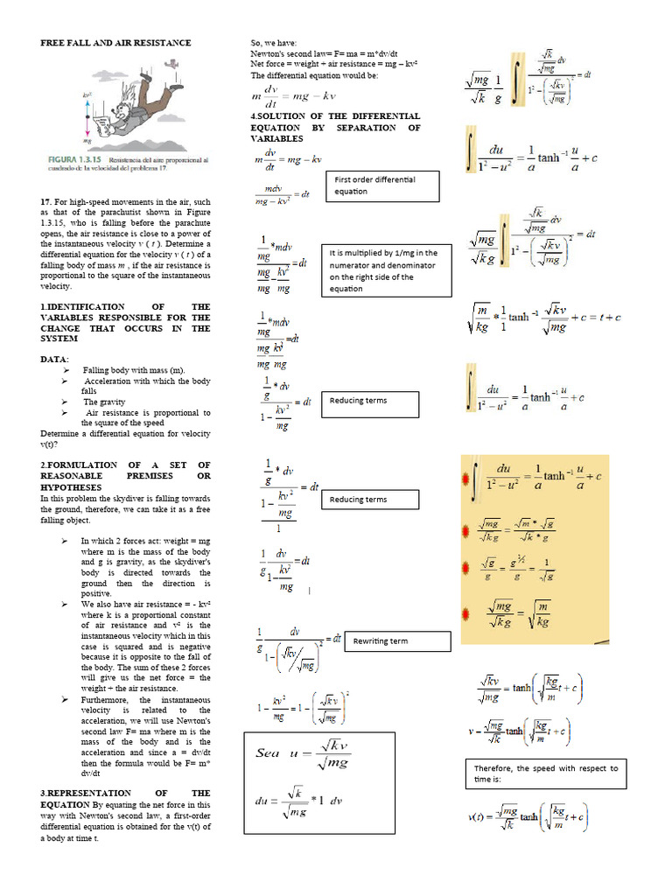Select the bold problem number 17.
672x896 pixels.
click(45, 201)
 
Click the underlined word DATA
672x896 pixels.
click(52, 360)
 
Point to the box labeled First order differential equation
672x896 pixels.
click(382, 185)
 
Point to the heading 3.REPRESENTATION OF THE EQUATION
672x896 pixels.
click(125, 798)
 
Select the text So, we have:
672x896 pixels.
click(273, 43)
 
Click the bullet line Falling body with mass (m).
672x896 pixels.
click(134, 370)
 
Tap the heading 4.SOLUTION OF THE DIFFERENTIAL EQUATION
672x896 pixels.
click(335, 127)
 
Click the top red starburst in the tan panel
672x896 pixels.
click(465, 478)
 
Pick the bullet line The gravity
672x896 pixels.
click(103, 402)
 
